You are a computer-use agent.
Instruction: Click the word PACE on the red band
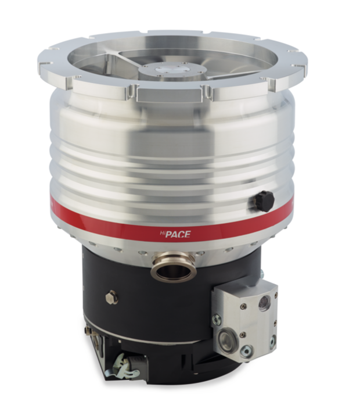180,234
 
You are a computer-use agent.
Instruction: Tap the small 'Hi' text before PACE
167,232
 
